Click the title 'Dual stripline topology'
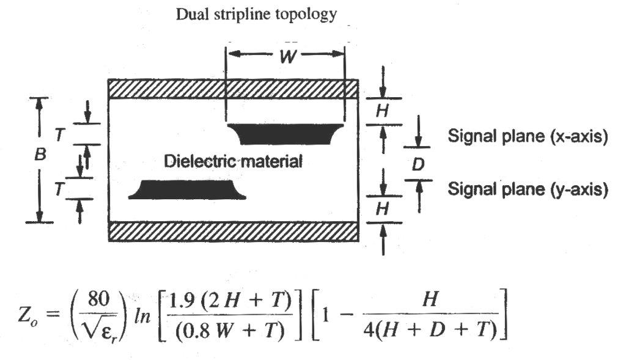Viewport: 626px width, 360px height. [x=256, y=15]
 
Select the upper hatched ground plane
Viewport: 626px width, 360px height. [x=233, y=89]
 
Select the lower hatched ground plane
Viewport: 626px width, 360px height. [x=233, y=232]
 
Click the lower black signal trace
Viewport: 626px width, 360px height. [x=186, y=189]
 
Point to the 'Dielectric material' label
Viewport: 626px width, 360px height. [x=234, y=162]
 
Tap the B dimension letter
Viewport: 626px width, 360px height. [x=40, y=156]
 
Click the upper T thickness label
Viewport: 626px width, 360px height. [x=59, y=135]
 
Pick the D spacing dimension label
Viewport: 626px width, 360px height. [x=419, y=164]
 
